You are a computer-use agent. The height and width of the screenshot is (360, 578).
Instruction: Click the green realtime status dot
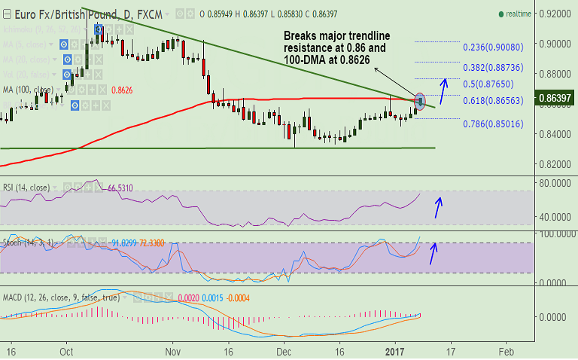501,14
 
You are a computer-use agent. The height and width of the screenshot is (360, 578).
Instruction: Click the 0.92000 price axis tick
555,14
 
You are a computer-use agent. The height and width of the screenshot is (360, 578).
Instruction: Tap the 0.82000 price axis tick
555,164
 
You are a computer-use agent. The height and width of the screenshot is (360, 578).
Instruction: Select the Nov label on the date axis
172,351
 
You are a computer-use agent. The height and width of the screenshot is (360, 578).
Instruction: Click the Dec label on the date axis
284,351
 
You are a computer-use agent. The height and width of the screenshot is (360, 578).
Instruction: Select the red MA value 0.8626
122,90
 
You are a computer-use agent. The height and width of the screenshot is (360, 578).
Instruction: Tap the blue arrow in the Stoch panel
433,253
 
